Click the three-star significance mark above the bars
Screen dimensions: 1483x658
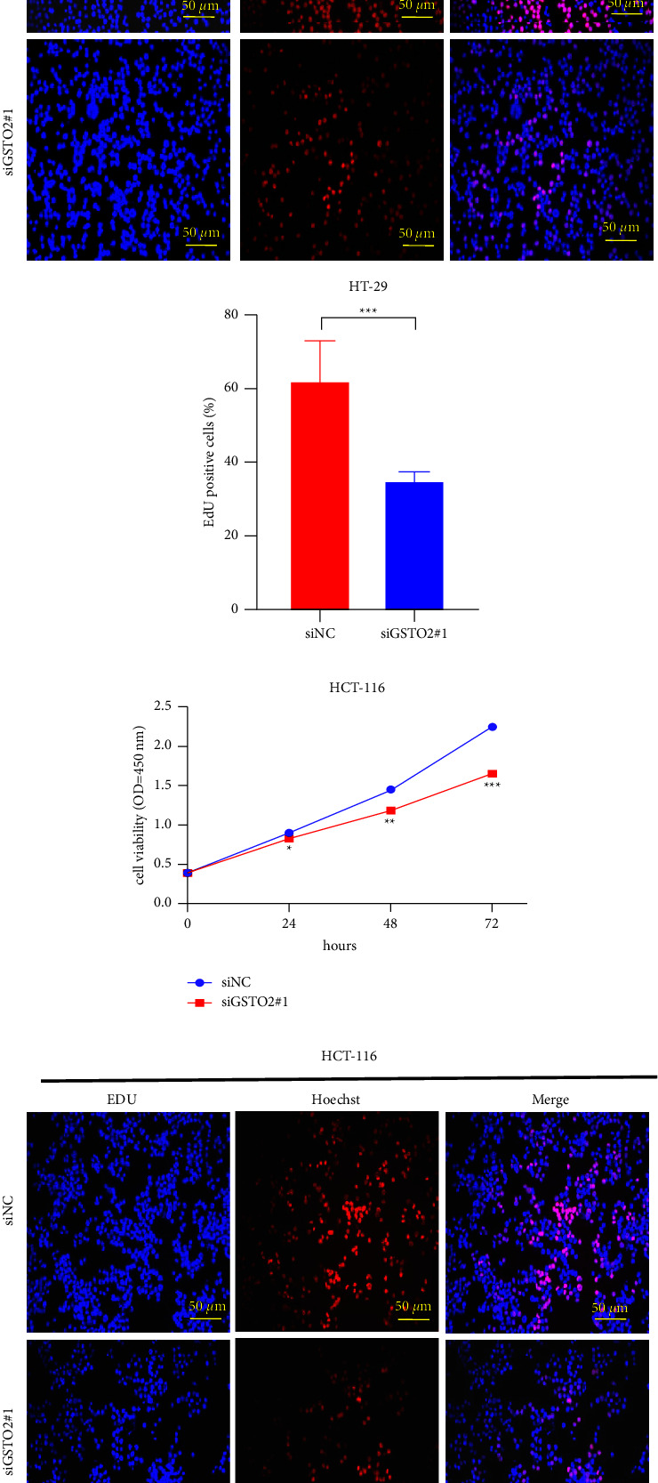[x=368, y=311]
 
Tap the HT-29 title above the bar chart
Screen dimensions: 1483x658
[x=367, y=286]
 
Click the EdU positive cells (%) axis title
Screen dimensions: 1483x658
[x=210, y=462]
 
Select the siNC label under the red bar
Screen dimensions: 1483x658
[x=319, y=633]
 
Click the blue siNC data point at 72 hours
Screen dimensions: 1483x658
[x=492, y=727]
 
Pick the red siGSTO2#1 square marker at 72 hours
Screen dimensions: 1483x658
[x=492, y=774]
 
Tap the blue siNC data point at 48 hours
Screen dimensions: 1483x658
[x=390, y=790]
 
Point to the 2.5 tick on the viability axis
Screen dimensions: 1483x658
[x=163, y=706]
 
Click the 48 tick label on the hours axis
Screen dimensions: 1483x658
[x=390, y=923]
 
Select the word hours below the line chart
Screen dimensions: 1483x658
[x=340, y=946]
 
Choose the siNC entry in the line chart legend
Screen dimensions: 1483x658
[x=236, y=982]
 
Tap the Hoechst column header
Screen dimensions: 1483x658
[x=336, y=1100]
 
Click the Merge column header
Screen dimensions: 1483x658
[x=550, y=1100]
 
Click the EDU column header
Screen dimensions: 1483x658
[x=122, y=1100]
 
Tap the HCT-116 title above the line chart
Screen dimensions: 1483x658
[x=357, y=688]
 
